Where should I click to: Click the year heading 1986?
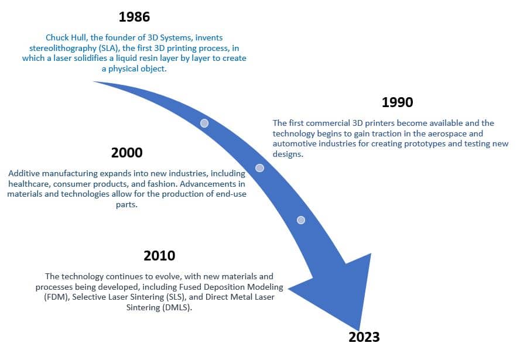tap(134, 16)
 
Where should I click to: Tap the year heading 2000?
tap(126, 153)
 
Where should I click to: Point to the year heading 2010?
tap(159, 256)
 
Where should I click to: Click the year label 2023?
tap(364, 337)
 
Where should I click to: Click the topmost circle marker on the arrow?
tap(204, 124)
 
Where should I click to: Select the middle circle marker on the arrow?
tap(259, 168)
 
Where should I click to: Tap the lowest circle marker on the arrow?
tap(301, 220)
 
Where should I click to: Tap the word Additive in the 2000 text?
tap(25, 174)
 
